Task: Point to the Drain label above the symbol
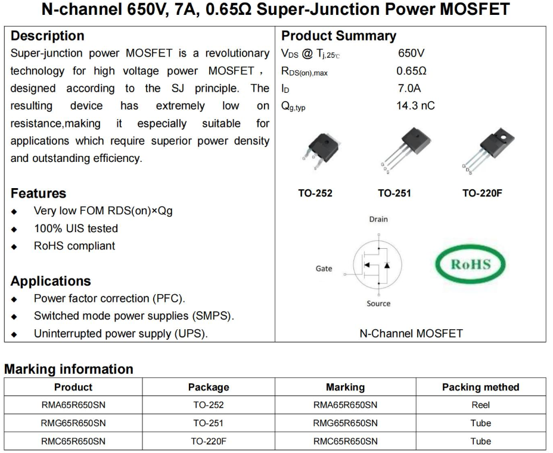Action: pyautogui.click(x=378, y=219)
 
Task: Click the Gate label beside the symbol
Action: pyautogui.click(x=324, y=268)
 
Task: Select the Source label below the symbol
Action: pyautogui.click(x=378, y=304)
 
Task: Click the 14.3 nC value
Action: pyautogui.click(x=416, y=105)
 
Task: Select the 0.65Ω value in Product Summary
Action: pyautogui.click(x=411, y=71)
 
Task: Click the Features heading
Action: pyautogui.click(x=39, y=193)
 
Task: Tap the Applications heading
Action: pyautogui.click(x=51, y=281)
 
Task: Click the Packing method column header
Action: pyautogui.click(x=480, y=387)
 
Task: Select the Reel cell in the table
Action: pyautogui.click(x=480, y=405)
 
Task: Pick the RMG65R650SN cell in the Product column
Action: pyautogui.click(x=73, y=423)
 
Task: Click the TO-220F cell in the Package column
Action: pyautogui.click(x=209, y=441)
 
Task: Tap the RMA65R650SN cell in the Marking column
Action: pyautogui.click(x=345, y=405)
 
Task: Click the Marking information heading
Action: pyautogui.click(x=69, y=369)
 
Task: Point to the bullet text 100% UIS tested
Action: pyautogui.click(x=76, y=229)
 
